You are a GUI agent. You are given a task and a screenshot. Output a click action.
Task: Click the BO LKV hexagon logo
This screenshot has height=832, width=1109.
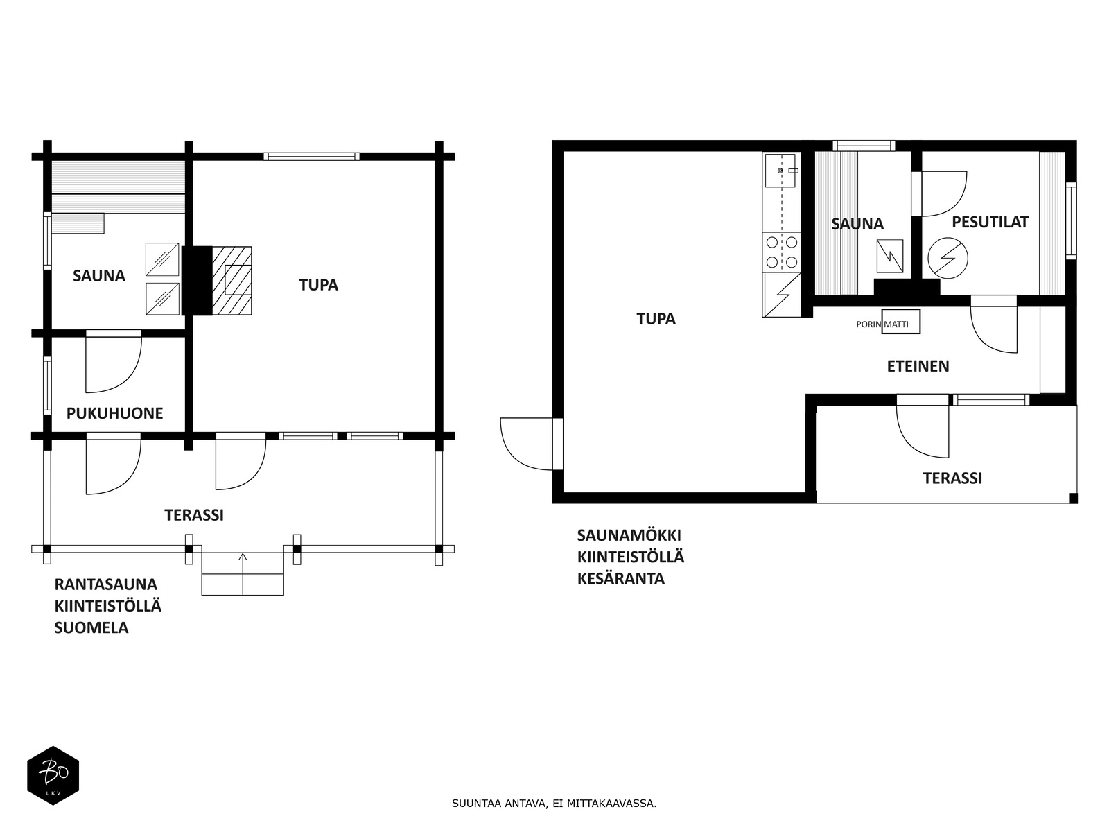pos(53,775)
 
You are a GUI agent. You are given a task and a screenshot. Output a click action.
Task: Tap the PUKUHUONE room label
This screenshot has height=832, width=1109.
pos(114,413)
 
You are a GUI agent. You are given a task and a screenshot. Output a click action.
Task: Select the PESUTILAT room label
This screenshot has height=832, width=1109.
pos(990,222)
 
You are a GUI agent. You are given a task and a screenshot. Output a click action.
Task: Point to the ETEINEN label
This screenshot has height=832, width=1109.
pos(918,366)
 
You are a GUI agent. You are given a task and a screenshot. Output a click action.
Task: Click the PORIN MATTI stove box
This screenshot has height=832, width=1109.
pos(901,322)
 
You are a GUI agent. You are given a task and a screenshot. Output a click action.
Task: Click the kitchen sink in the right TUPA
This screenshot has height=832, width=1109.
pos(780,171)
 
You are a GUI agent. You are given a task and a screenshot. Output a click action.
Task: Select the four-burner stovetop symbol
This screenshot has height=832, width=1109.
pos(782,252)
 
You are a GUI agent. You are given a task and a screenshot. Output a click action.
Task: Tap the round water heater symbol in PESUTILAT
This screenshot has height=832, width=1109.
pos(948,258)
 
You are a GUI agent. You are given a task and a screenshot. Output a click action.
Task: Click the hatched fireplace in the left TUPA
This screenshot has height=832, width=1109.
pos(232,281)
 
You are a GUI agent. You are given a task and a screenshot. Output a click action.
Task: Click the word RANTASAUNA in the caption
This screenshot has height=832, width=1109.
pos(105,584)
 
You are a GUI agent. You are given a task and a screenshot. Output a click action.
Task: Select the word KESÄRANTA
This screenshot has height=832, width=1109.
pos(621,578)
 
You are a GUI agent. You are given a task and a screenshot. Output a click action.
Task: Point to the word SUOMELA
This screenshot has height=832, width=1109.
pos(91,628)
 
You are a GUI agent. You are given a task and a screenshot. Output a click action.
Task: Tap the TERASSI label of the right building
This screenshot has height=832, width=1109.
pos(952,478)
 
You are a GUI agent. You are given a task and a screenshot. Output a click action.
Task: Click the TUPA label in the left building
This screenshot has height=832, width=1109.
pos(318,285)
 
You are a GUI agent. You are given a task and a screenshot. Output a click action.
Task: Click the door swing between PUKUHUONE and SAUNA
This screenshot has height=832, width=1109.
pos(114,361)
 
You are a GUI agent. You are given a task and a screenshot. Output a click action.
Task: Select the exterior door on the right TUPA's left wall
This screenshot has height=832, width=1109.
pos(531,444)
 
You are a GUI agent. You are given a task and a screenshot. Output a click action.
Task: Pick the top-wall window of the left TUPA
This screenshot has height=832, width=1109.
pos(311,157)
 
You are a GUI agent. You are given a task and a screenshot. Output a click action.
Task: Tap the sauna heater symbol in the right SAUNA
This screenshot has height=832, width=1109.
pos(890,256)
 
